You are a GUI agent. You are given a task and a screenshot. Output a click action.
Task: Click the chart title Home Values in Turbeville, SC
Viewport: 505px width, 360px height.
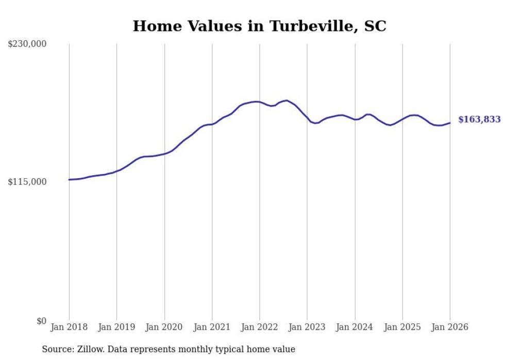coord(259,26)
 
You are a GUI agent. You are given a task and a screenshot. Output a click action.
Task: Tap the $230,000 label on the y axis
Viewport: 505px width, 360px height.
coord(27,44)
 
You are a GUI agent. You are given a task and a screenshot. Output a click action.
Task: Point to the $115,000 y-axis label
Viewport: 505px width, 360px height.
coord(27,182)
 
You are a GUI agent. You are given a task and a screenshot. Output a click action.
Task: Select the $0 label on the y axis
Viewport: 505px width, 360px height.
coord(41,321)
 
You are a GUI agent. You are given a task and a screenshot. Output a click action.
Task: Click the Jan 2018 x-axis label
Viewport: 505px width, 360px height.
coord(69,327)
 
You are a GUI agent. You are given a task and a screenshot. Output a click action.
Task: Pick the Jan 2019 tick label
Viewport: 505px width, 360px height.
coord(116,327)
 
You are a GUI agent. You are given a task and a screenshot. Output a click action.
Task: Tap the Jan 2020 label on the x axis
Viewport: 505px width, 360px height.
coord(164,327)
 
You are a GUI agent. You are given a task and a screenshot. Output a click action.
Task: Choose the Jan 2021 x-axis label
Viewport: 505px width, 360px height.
coord(212,327)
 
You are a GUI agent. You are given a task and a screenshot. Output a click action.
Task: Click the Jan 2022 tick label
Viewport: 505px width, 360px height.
coord(259,327)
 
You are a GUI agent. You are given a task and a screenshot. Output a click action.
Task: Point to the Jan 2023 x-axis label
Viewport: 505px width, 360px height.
coord(307,327)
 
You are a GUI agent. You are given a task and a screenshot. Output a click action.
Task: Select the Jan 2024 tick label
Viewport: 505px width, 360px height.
coord(355,327)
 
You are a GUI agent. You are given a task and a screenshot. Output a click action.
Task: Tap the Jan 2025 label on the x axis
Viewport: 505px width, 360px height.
coord(402,327)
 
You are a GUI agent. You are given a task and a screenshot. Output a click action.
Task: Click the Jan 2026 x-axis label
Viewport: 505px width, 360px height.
coord(450,327)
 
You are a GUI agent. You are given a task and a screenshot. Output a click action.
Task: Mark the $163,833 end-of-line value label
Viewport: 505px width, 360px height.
coord(479,119)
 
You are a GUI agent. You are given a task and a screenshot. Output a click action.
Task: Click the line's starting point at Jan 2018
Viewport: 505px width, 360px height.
coord(69,180)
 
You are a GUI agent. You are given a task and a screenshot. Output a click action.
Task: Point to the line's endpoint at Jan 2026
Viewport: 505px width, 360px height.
coord(450,123)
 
